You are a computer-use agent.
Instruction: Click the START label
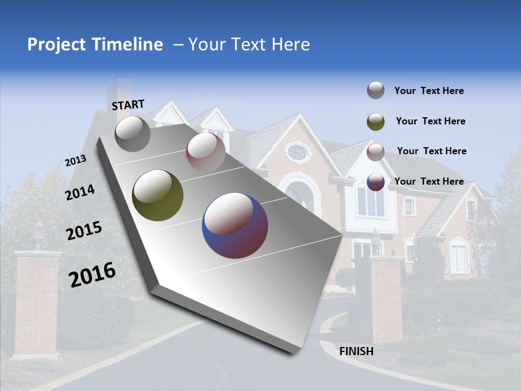click(x=128, y=105)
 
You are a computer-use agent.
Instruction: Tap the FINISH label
click(x=357, y=351)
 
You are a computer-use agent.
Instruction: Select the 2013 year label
click(x=76, y=161)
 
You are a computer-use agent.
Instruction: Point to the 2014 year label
click(x=80, y=193)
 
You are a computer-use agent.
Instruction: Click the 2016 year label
click(x=92, y=275)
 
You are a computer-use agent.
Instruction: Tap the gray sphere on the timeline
click(x=132, y=134)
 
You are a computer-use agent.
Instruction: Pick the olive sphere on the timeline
click(x=157, y=195)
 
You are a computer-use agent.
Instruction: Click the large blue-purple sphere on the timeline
click(x=235, y=225)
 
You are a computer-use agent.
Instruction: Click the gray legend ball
click(x=376, y=91)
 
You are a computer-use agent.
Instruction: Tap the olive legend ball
click(x=376, y=121)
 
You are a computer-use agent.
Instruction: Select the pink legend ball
click(x=376, y=152)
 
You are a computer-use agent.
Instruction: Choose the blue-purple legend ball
click(x=376, y=182)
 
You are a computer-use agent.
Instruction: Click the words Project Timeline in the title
click(x=95, y=45)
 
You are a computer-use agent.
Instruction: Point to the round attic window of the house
click(x=297, y=152)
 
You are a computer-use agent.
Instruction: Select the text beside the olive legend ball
click(x=430, y=121)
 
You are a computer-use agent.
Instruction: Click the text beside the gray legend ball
click(x=429, y=91)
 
